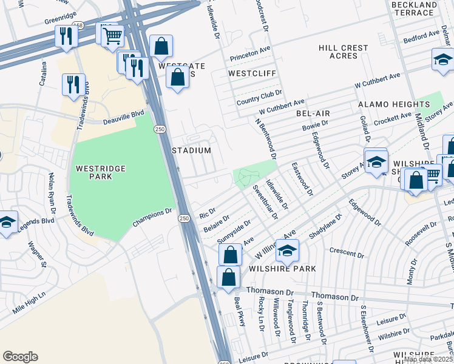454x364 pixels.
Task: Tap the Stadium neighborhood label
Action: point(191,150)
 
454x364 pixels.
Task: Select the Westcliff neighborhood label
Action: point(252,73)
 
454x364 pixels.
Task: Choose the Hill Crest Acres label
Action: point(343,52)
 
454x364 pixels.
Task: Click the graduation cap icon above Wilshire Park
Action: point(287,249)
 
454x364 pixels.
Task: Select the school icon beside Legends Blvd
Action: point(7,222)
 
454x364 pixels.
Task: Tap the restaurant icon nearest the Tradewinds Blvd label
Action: point(73,84)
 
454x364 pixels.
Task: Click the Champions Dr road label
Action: point(152,220)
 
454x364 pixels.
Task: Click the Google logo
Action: point(20,356)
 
